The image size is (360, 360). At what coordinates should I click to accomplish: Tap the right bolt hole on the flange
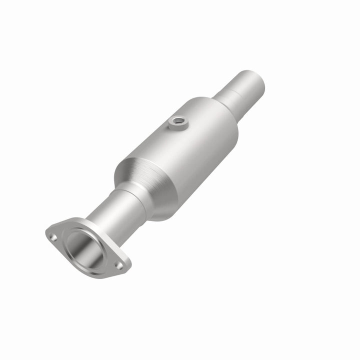tap(119, 265)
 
